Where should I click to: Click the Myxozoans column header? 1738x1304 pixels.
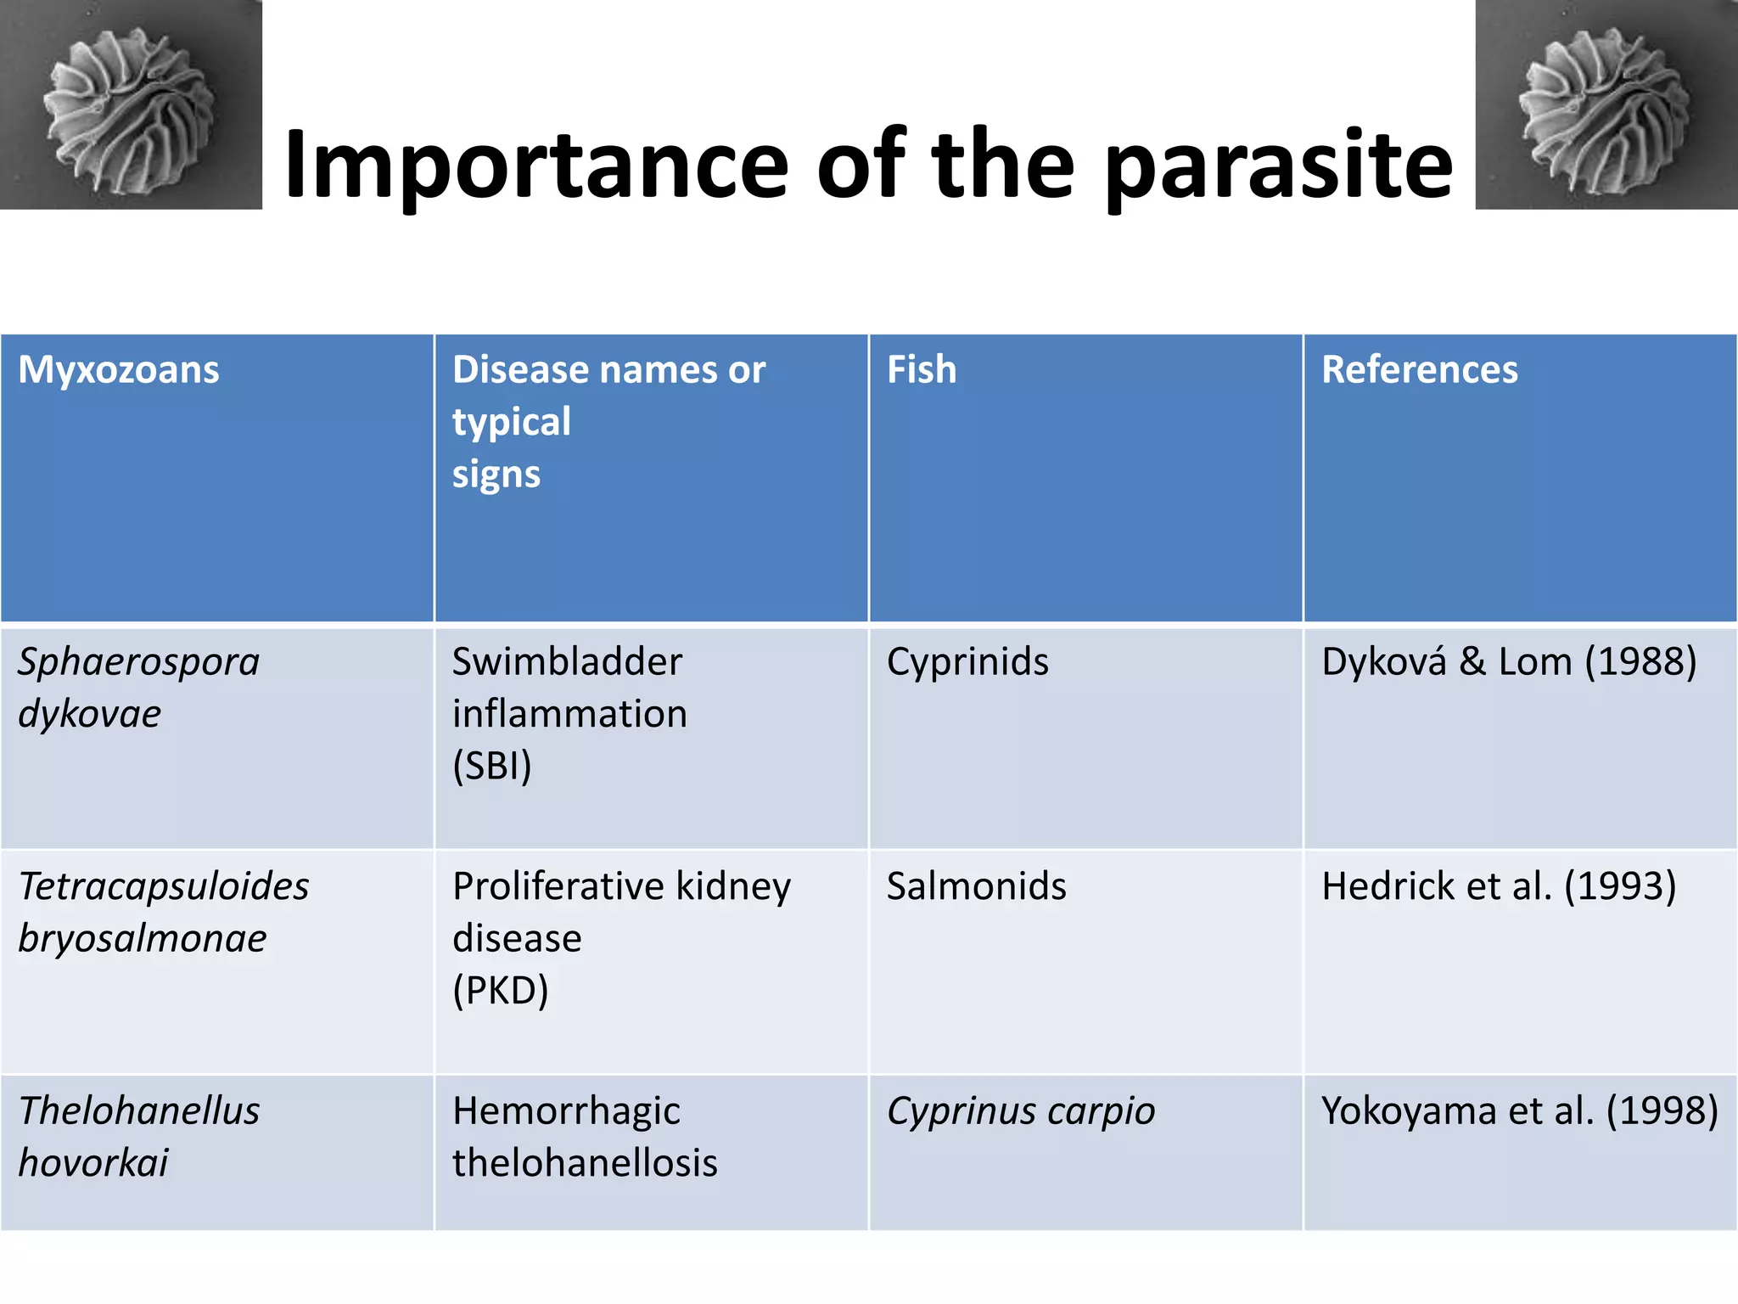119,370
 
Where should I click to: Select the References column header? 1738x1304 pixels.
1419,370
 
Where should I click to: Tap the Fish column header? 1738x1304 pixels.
922,370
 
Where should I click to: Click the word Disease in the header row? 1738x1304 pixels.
519,370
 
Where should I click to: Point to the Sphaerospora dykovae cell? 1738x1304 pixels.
138,687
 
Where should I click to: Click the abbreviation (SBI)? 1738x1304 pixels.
491,766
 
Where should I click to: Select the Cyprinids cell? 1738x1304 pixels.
967,661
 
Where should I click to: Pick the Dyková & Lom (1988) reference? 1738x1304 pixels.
1509,661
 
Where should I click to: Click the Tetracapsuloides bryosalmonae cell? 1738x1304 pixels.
163,912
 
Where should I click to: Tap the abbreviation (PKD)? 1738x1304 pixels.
501,990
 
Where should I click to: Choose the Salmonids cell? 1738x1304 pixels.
976,886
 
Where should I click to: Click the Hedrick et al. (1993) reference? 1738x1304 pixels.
1499,886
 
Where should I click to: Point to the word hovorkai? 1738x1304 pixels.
93,1163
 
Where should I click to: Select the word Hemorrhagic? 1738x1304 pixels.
566,1111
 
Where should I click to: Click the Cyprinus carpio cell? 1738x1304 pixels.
1020,1111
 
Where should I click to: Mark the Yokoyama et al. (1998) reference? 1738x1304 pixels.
1519,1111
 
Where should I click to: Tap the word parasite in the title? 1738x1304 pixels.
1280,166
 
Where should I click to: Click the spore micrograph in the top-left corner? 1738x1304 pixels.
131,104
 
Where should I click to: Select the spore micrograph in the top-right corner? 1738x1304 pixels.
1606,104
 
